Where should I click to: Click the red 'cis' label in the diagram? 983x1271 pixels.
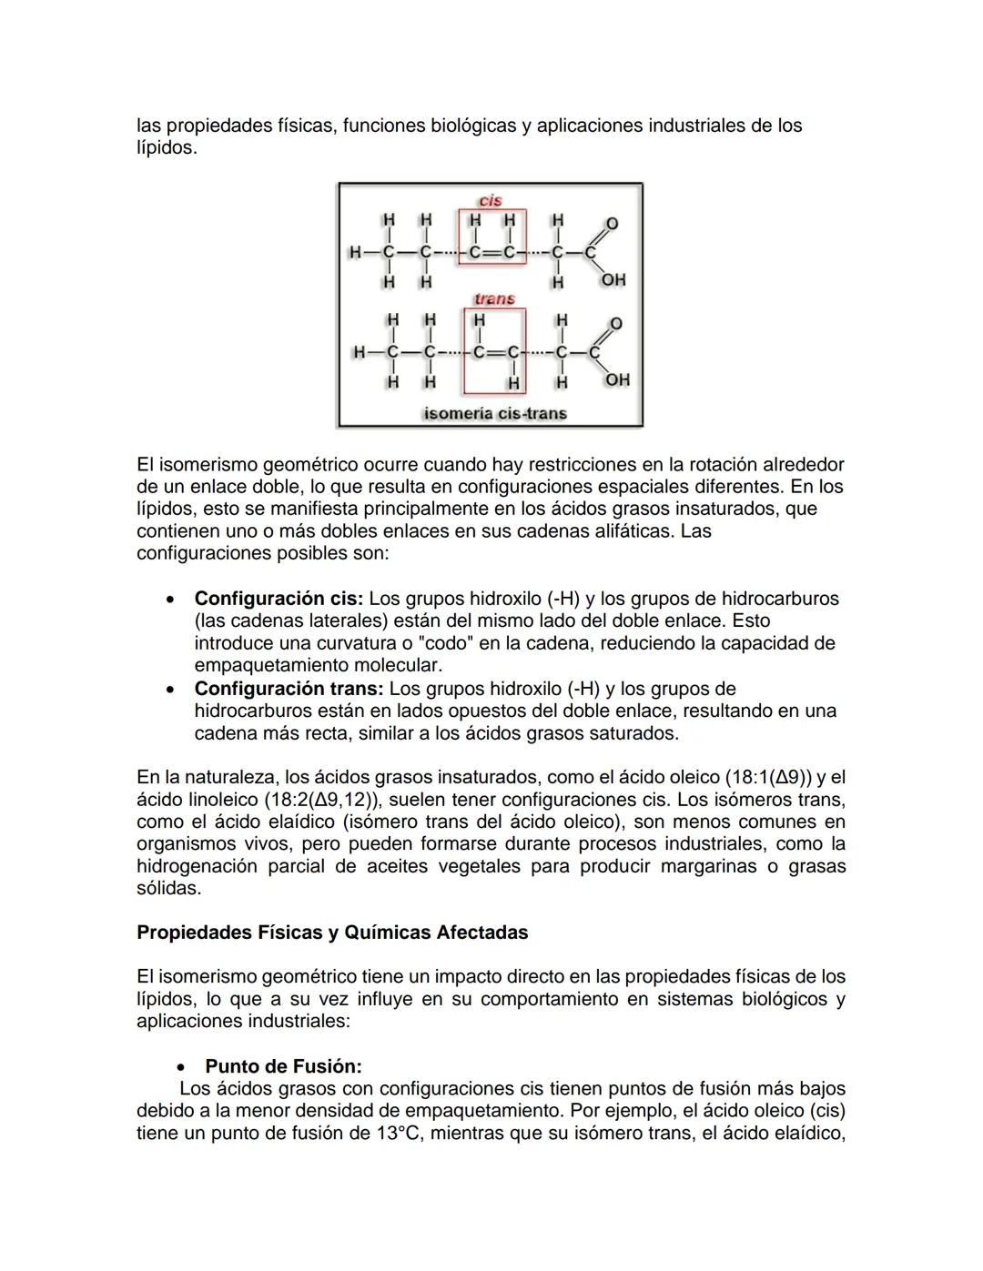491,200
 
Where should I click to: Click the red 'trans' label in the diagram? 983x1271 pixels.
494,298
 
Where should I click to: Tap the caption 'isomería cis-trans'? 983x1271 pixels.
495,413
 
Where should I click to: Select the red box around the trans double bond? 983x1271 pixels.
495,351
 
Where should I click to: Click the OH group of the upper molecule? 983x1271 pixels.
613,279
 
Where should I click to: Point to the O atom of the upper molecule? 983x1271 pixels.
612,223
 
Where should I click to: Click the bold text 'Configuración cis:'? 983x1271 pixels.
279,599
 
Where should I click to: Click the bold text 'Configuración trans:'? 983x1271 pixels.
289,689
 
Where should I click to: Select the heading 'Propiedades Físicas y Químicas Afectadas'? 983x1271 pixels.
332,933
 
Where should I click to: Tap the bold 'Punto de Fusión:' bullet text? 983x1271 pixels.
283,1066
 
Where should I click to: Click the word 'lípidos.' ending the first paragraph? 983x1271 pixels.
167,147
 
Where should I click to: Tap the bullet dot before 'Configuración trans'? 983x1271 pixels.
169,690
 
